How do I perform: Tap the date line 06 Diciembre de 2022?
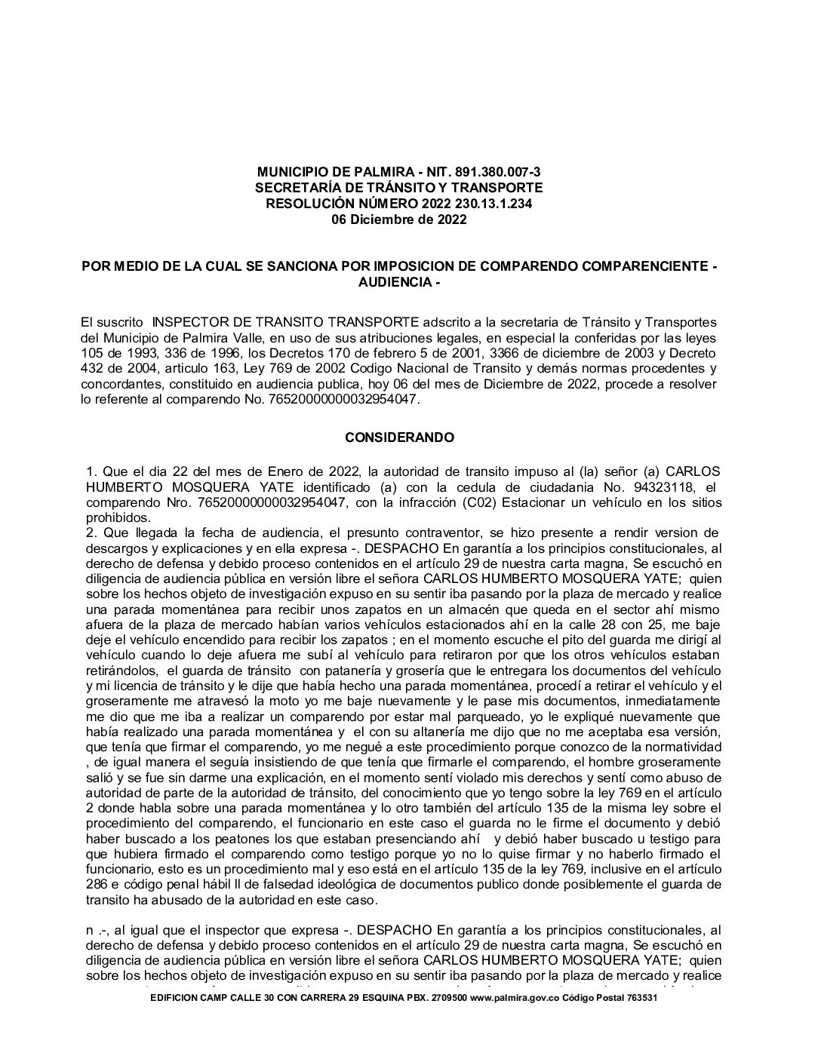[x=399, y=220]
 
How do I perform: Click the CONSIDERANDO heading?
[x=399, y=437]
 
